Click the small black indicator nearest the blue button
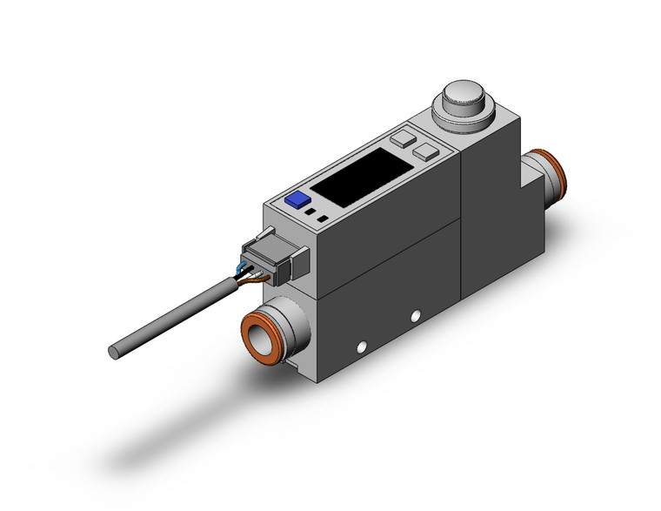pos(310,210)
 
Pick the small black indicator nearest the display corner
pos(324,218)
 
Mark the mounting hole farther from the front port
pos(416,314)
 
